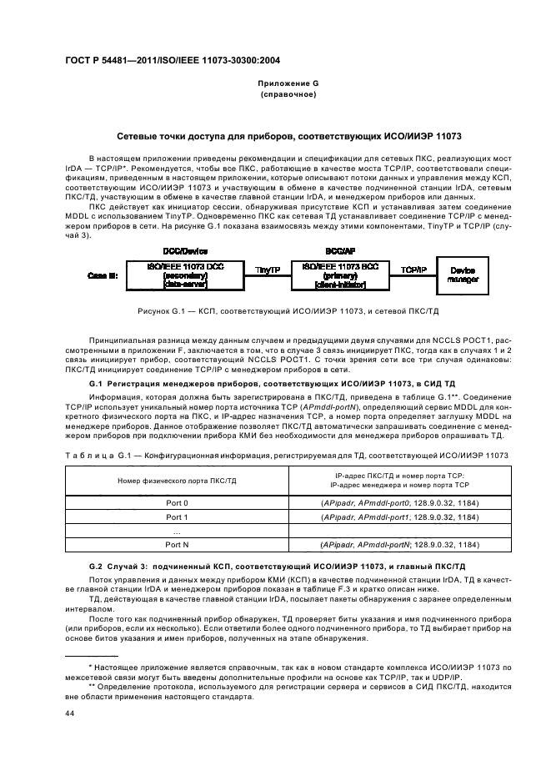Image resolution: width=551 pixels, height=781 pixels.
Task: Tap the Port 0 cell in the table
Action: coord(176,503)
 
